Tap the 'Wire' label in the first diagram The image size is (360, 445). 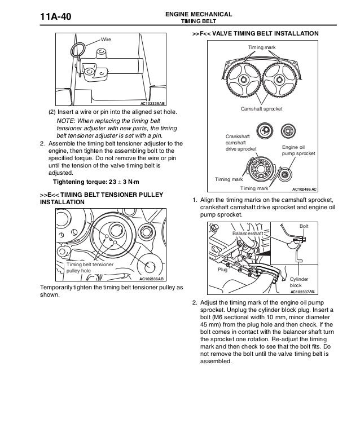[x=106, y=40]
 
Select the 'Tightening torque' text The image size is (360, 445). [x=95, y=183]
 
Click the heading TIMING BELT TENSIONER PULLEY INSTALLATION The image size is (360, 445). [x=102, y=199]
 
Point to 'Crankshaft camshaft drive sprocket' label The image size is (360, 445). [x=240, y=143]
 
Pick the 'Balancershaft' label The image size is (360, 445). [x=248, y=233]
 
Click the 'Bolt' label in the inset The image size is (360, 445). [x=304, y=226]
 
